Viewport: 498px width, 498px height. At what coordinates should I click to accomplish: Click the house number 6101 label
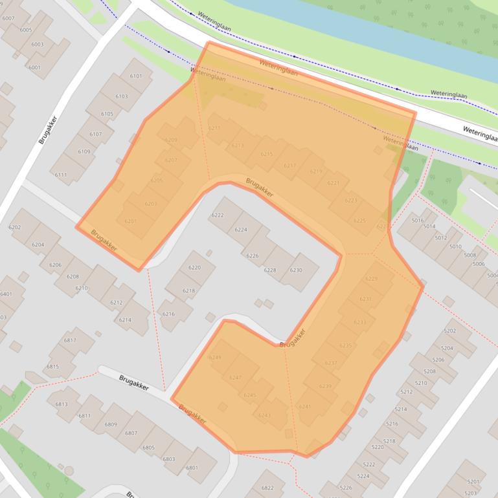(x=136, y=76)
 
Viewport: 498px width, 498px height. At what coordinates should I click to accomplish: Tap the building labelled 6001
(x=34, y=67)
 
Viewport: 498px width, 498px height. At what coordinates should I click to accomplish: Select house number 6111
(x=61, y=175)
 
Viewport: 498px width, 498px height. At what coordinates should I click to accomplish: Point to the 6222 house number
(x=218, y=215)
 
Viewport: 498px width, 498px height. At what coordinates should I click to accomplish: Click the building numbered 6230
(x=296, y=270)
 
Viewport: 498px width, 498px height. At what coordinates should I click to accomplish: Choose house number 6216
(x=168, y=314)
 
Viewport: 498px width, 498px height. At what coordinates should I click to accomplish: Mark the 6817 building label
(x=70, y=340)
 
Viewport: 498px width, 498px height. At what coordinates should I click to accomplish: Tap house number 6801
(x=192, y=468)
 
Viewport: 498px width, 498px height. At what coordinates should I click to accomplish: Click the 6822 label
(x=267, y=488)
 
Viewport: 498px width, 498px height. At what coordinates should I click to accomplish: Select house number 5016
(x=418, y=220)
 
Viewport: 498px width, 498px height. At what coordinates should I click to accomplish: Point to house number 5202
(x=449, y=330)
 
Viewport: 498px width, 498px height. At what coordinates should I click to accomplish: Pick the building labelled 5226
(x=346, y=487)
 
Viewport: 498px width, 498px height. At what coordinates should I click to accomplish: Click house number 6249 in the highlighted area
(x=214, y=358)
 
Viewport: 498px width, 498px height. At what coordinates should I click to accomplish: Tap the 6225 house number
(x=359, y=221)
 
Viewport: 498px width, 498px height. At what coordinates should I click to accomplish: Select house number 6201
(x=130, y=221)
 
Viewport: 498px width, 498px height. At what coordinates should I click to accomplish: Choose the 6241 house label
(x=305, y=406)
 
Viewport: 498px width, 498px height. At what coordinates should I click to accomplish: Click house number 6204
(x=38, y=244)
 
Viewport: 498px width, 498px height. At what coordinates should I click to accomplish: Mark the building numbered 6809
(x=111, y=424)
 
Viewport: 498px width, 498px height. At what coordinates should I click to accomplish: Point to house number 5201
(x=473, y=481)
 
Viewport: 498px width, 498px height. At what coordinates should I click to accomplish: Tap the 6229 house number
(x=371, y=279)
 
